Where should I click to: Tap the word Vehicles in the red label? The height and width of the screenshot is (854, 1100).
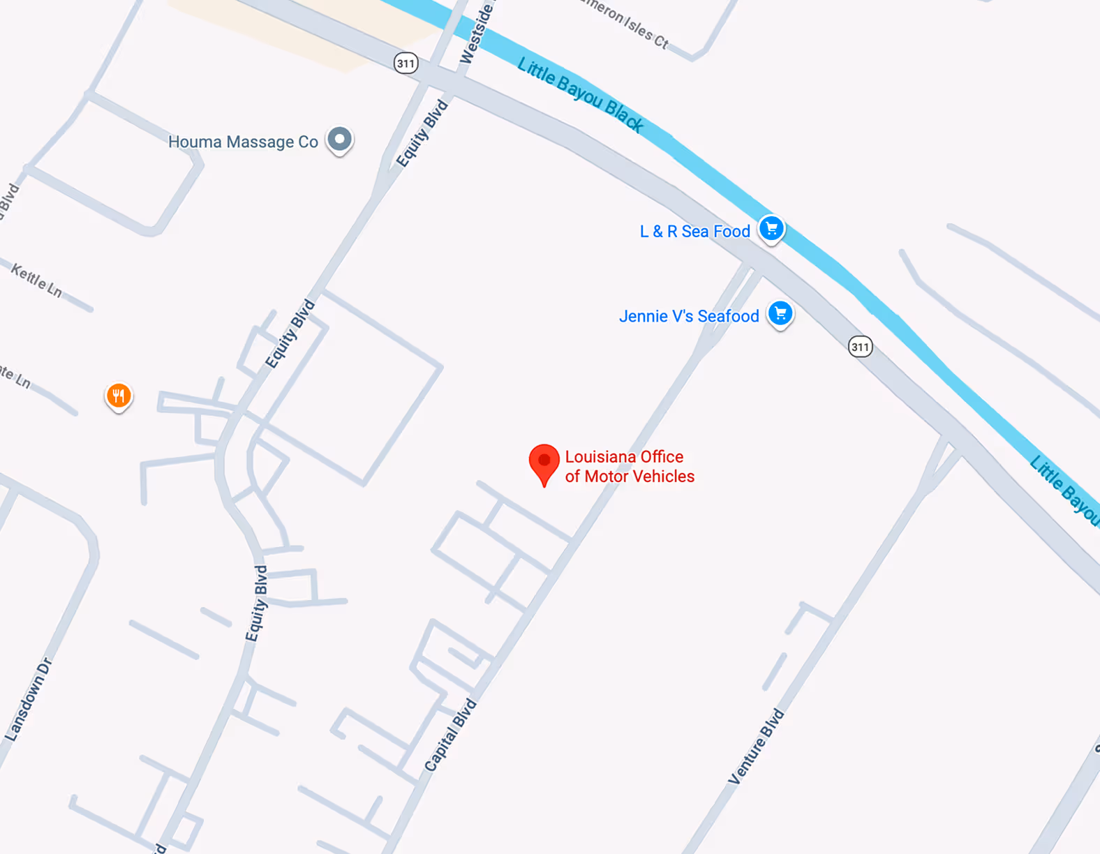(663, 477)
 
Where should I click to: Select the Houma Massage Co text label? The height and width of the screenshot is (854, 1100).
(243, 142)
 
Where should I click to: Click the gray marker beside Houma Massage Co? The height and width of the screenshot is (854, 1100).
(340, 140)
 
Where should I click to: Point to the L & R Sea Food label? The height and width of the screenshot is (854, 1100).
(694, 232)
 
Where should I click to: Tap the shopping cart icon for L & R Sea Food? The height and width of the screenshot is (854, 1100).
(771, 228)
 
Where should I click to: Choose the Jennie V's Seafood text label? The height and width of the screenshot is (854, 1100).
(689, 316)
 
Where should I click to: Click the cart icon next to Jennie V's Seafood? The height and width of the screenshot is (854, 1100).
(780, 313)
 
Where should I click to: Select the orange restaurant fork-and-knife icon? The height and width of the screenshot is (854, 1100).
(119, 396)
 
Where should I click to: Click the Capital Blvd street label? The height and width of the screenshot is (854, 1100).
(450, 735)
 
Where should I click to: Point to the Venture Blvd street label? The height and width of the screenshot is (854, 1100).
(756, 747)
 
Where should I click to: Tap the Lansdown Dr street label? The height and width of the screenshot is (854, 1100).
(29, 699)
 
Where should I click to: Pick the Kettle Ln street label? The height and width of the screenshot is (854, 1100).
(36, 280)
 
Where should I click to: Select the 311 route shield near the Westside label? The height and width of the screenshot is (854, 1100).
(406, 63)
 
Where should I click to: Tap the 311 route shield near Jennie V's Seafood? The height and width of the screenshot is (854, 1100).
(860, 347)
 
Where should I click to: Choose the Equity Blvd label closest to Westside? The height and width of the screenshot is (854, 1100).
(422, 133)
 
